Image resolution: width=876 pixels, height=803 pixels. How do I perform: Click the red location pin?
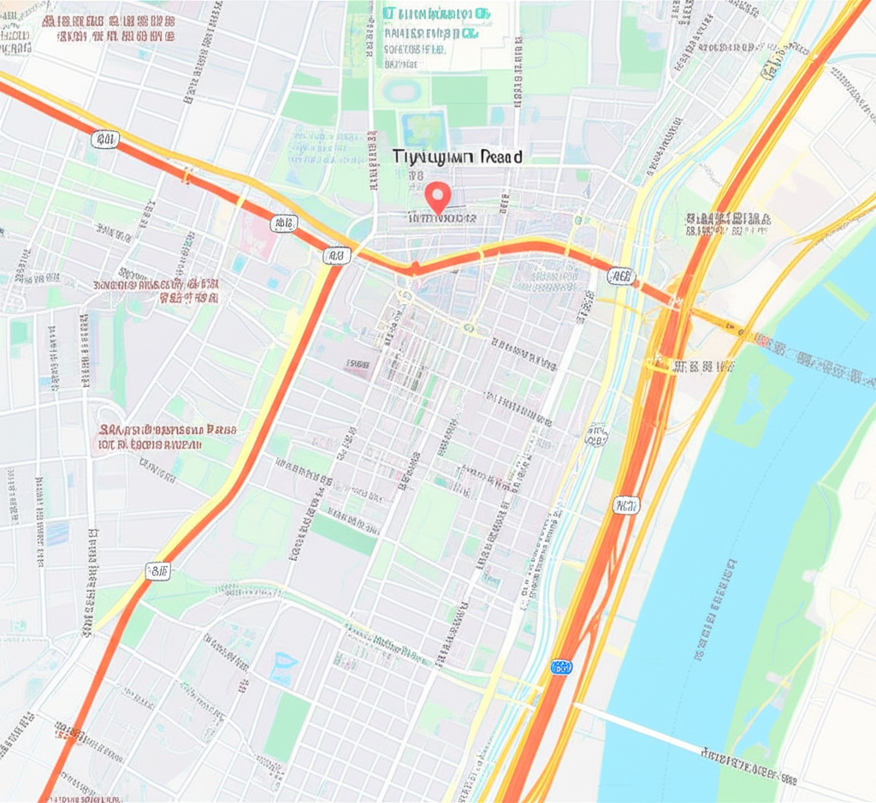pos(438,197)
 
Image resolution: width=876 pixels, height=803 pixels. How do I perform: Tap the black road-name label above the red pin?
pos(458,157)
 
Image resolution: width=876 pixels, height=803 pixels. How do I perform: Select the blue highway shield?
pos(561,666)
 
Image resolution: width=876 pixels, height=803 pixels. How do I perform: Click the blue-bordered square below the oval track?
pos(424,128)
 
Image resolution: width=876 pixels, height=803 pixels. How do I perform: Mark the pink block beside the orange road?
pos(257,233)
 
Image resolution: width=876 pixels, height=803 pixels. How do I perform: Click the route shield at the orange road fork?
pos(337,255)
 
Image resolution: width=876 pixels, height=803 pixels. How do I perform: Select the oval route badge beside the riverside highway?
pos(596,437)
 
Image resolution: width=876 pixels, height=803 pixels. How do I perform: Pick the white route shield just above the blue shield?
pos(625,505)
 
